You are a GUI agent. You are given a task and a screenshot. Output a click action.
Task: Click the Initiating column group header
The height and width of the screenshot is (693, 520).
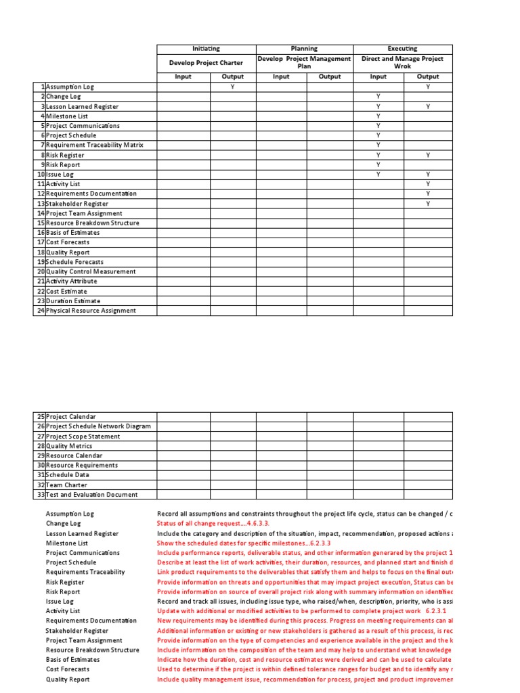click(x=206, y=49)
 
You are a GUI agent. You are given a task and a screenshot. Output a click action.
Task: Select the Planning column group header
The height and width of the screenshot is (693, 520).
click(x=304, y=49)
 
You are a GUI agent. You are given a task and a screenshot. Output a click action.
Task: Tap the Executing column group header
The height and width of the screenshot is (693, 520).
click(x=402, y=49)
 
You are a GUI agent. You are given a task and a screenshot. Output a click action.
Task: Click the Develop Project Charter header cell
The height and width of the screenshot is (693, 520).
click(x=206, y=63)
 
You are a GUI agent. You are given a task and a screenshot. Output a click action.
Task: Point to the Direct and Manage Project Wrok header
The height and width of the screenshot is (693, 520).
click(x=402, y=63)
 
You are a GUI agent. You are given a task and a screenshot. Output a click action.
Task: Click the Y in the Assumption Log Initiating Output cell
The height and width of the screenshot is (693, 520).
click(x=232, y=87)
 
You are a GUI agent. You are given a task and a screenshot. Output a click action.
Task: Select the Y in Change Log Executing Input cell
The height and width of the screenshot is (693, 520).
click(x=378, y=97)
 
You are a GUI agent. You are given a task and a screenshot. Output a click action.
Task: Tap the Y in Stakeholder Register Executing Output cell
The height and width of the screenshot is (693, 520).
click(x=428, y=204)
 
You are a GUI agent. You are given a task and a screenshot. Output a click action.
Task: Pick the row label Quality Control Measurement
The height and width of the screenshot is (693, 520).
click(x=90, y=271)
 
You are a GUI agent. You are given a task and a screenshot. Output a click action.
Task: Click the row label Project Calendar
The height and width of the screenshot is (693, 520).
click(x=70, y=417)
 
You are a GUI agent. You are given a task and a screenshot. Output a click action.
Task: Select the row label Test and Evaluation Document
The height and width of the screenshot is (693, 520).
click(x=91, y=495)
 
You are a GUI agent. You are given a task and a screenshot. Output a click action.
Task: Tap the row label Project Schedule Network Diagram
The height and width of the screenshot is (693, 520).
click(x=97, y=426)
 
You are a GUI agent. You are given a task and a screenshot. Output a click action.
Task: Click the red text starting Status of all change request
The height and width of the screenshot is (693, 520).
click(x=213, y=523)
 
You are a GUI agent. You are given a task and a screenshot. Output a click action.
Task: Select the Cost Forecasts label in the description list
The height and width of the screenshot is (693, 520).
click(x=68, y=669)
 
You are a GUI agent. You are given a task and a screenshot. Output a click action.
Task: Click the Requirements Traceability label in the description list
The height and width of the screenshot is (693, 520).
click(x=85, y=572)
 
